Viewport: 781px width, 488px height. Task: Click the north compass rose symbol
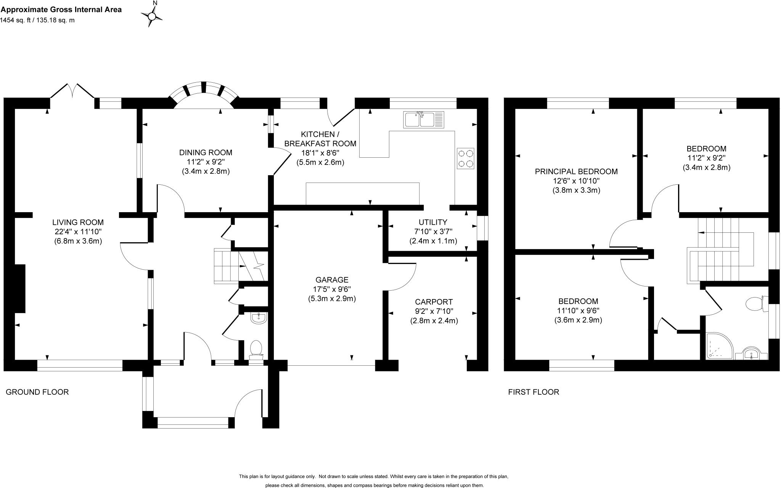click(x=152, y=16)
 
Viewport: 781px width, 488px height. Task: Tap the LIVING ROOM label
click(x=78, y=222)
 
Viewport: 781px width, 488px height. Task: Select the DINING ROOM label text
click(x=206, y=152)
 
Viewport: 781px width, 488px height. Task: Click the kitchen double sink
click(x=424, y=119)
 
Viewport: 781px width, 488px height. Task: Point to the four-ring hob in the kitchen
click(x=465, y=158)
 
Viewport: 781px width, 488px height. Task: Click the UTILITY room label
click(x=433, y=222)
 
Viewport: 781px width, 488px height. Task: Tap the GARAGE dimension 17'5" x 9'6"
click(x=332, y=289)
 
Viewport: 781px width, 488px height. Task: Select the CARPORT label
click(x=434, y=302)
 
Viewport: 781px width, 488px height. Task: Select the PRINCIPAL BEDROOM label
click(x=576, y=171)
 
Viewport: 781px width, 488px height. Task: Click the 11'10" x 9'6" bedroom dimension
click(x=578, y=310)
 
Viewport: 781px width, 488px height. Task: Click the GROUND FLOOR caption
click(x=37, y=392)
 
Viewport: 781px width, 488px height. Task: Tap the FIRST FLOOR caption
click(x=534, y=392)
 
